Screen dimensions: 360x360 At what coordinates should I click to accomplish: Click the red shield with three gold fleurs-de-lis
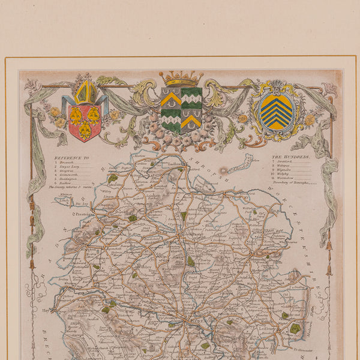click(85, 122)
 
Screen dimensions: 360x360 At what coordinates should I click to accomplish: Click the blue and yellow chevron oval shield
click(276, 112)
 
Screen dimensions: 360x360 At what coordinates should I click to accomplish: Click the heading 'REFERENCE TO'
click(71, 158)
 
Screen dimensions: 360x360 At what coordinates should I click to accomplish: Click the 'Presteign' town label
click(85, 213)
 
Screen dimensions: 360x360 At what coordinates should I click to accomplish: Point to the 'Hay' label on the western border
click(46, 311)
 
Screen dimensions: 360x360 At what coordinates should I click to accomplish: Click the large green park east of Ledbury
click(295, 328)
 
